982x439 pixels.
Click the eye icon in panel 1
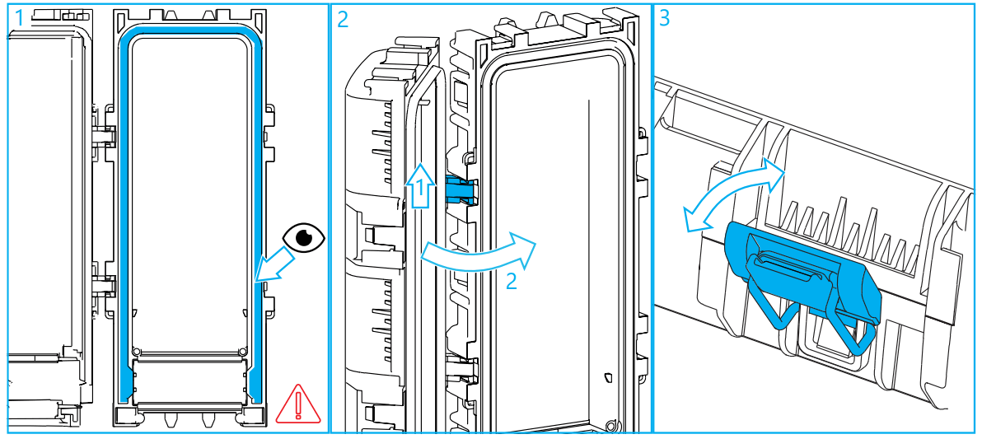coord(304,237)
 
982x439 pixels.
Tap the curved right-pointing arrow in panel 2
coord(478,251)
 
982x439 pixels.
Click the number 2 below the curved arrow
coord(511,281)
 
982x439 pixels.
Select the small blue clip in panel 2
coord(460,189)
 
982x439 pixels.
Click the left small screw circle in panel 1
coord(137,353)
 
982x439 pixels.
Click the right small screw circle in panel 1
coord(242,353)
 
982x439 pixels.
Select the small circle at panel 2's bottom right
coord(610,426)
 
